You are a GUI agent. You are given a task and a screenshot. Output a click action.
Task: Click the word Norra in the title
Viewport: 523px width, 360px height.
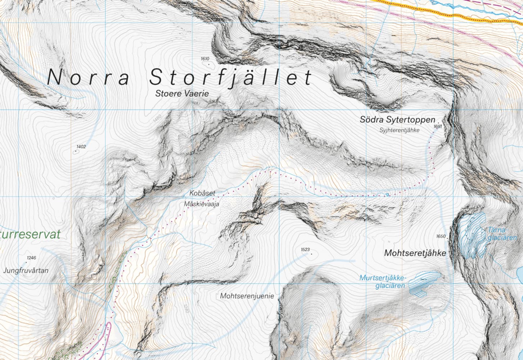coord(88,77)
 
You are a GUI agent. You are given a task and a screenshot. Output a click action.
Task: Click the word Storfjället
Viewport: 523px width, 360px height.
coord(231,77)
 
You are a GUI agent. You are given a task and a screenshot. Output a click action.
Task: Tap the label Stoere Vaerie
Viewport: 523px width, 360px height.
coord(182,94)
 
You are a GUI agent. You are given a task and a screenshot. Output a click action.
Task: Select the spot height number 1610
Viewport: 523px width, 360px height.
coord(205,59)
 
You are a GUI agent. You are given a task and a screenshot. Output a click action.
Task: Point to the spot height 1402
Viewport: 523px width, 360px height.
coord(81,147)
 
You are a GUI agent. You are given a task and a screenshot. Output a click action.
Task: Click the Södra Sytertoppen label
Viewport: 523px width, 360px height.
coord(397,120)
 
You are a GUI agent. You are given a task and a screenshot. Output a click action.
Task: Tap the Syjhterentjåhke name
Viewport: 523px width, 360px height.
coord(399,130)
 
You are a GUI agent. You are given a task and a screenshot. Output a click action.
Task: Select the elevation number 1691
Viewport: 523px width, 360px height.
coord(438,126)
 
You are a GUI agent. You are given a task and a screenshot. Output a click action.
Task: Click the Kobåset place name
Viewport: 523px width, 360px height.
coord(202,193)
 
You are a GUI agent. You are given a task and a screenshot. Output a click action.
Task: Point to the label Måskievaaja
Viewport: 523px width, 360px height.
coord(201,204)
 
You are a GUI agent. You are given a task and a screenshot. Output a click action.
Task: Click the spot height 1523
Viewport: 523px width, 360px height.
coord(305,249)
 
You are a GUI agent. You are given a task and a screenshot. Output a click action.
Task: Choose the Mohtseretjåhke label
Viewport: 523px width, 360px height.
coord(415,253)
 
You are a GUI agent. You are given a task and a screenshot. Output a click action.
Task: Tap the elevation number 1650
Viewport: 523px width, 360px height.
coord(441,237)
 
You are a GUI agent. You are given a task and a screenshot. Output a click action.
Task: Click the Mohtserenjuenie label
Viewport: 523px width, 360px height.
coord(247,296)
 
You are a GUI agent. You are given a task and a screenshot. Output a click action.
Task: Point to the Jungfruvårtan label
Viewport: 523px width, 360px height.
coord(26,270)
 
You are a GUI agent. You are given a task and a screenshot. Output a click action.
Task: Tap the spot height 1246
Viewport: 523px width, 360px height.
coord(31,258)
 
